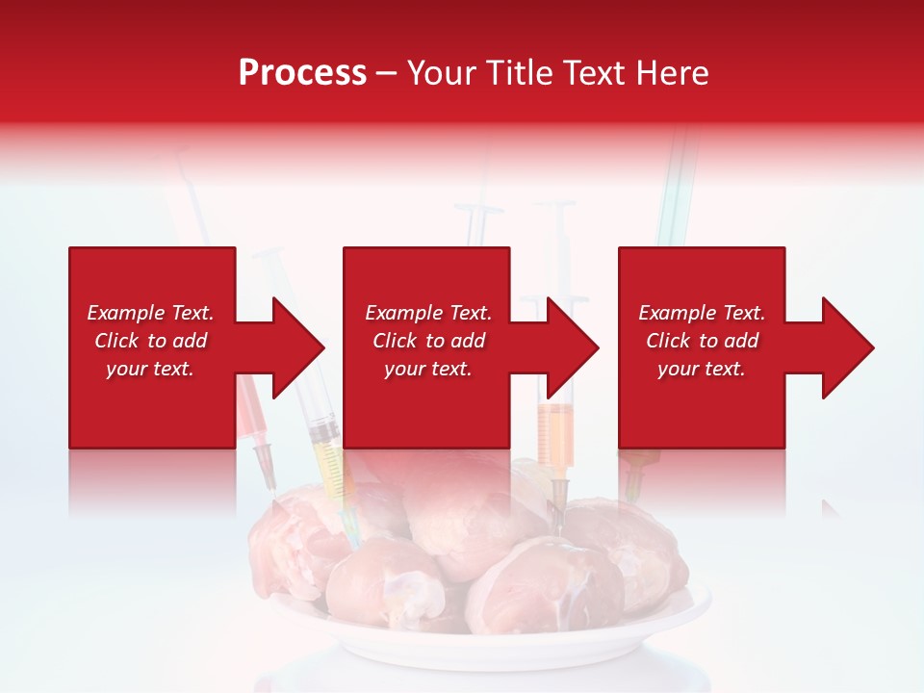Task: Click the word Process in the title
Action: coord(302,73)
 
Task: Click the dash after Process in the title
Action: coord(386,74)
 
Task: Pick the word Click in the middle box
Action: coord(395,341)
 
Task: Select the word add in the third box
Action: coord(741,341)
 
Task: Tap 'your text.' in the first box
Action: coord(150,369)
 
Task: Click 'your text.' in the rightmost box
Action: coord(701,369)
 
